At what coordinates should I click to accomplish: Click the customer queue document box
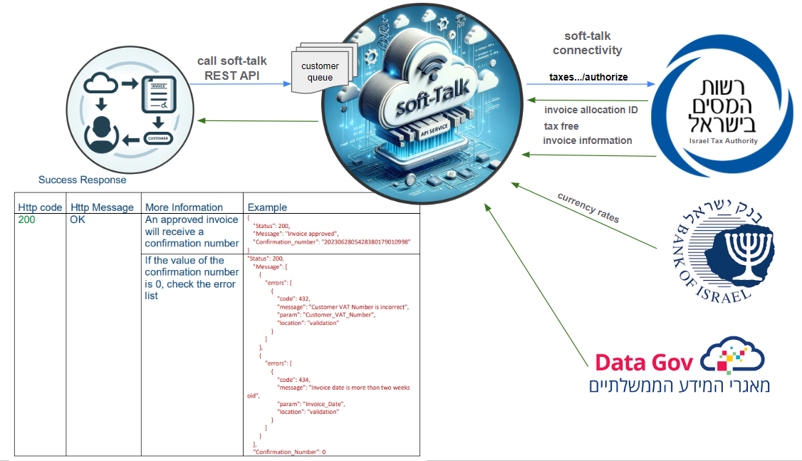pyautogui.click(x=319, y=71)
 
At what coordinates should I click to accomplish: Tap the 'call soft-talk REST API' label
pyautogui.click(x=231, y=68)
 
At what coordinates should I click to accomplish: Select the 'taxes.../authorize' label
pyautogui.click(x=588, y=77)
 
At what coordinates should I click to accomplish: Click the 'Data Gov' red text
pyautogui.click(x=643, y=363)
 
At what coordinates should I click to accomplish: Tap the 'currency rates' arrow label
pyautogui.click(x=588, y=208)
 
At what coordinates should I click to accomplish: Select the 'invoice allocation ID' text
pyautogui.click(x=590, y=110)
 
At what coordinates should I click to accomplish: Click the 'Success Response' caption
pyautogui.click(x=82, y=180)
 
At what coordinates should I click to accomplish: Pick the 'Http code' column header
pyautogui.click(x=40, y=207)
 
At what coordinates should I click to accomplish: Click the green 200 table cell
pyautogui.click(x=26, y=220)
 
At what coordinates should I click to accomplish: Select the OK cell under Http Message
pyautogui.click(x=78, y=220)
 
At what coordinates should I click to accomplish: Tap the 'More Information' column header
pyautogui.click(x=184, y=207)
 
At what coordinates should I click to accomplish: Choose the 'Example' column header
pyautogui.click(x=267, y=207)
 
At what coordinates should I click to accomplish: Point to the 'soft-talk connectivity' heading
pyautogui.click(x=587, y=43)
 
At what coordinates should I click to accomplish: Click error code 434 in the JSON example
pyautogui.click(x=299, y=380)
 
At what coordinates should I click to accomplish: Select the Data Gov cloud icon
pyautogui.click(x=733, y=358)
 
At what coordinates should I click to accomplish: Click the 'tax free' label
pyautogui.click(x=561, y=126)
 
